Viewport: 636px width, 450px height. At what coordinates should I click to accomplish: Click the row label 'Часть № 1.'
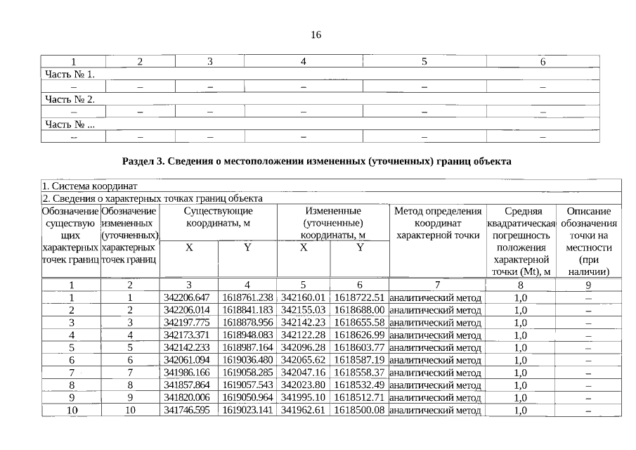[70, 74]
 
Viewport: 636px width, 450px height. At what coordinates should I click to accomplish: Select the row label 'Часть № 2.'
[70, 99]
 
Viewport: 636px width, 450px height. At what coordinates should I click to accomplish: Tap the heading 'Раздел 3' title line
[316, 161]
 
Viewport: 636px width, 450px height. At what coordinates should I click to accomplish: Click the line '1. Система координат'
[89, 186]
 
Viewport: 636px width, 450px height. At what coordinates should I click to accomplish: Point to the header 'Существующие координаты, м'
[218, 217]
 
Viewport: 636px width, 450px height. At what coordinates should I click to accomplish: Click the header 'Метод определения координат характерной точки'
[437, 223]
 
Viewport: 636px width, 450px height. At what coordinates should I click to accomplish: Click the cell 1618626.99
[358, 335]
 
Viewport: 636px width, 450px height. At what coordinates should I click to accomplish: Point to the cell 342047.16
[303, 373]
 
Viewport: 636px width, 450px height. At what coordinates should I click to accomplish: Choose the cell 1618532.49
[358, 385]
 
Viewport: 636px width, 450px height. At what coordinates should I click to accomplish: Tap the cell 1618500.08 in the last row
[358, 410]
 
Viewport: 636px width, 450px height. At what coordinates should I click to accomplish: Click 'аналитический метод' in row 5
[435, 347]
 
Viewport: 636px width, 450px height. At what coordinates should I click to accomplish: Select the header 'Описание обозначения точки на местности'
[588, 240]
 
